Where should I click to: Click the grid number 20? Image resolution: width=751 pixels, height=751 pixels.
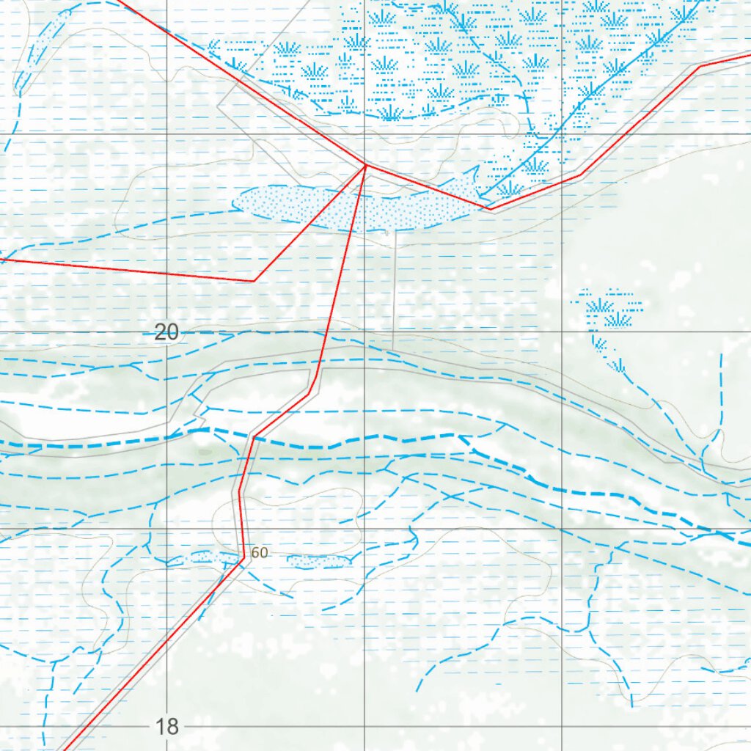tap(166, 333)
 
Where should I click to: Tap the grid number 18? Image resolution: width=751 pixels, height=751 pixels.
tap(166, 727)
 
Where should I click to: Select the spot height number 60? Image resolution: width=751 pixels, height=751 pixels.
tap(260, 553)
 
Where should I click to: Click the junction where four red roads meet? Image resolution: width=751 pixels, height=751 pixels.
tap(366, 165)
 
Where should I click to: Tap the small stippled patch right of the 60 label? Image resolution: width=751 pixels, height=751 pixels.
tap(318, 562)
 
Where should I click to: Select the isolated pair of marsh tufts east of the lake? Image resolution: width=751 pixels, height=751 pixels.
tap(611, 312)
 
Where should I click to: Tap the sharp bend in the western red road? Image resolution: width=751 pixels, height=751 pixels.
tap(253, 281)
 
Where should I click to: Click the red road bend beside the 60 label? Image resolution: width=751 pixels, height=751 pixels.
tap(243, 559)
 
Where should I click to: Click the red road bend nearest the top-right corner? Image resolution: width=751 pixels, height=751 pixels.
tap(700, 66)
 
